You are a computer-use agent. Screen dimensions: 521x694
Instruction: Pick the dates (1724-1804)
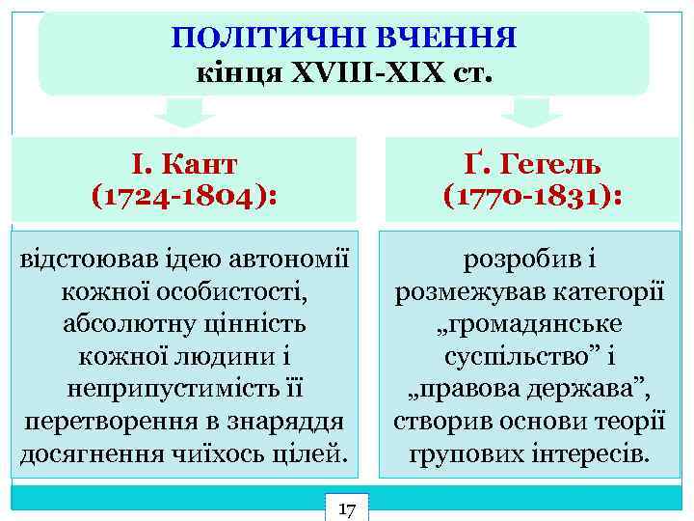pos(184,196)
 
